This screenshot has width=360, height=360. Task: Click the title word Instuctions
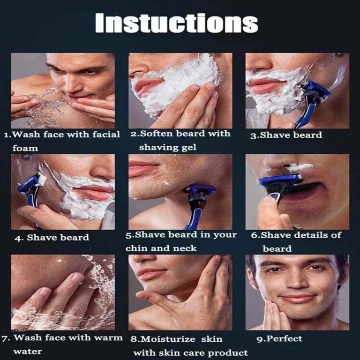[177, 22]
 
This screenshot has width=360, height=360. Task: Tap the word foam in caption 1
[25, 148]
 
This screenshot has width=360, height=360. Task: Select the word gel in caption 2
[189, 148]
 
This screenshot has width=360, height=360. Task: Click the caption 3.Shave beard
[286, 135]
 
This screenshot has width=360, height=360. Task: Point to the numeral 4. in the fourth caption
[19, 238]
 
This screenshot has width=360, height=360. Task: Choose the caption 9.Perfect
[279, 338]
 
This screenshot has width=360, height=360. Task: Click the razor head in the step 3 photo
[317, 91]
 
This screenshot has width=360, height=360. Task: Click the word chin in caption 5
[137, 248]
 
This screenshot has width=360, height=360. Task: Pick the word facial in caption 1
[106, 135]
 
